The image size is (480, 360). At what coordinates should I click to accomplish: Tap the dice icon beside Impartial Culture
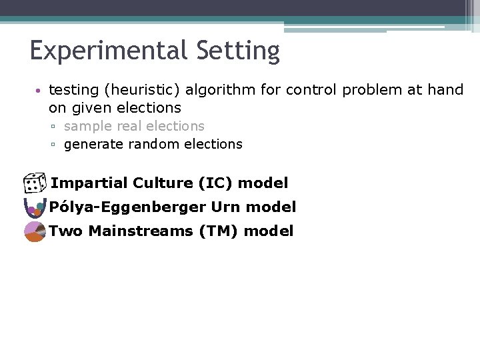pos(33,183)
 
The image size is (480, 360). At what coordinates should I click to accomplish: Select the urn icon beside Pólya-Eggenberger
pos(33,208)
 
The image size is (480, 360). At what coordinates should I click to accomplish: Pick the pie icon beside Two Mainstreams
pos(35,231)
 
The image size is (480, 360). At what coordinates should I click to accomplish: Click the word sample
pos(88,126)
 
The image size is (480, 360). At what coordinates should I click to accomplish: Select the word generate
pos(93,144)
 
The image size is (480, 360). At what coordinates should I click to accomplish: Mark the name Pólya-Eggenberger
pos(127,207)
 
